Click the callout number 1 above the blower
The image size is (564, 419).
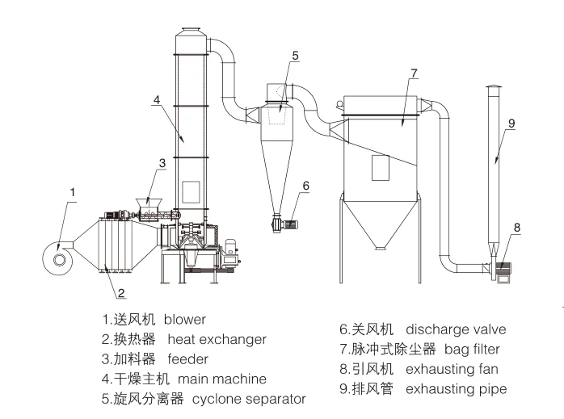coord(73,192)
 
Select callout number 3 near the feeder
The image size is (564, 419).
coord(162,163)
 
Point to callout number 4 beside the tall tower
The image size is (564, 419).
coord(156,99)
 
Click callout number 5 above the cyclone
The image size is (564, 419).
coord(295,56)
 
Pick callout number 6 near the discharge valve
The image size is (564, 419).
coord(305,186)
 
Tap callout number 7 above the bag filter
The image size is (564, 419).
coord(413,73)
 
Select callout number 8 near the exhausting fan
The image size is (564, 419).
coord(516,228)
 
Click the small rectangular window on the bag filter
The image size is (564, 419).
coord(380,167)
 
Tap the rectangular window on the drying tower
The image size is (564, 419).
coord(191,192)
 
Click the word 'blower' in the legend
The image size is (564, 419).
coord(185,320)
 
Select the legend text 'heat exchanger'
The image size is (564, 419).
coord(217,339)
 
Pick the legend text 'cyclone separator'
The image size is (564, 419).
coord(248,399)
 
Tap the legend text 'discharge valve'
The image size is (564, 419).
coord(456,329)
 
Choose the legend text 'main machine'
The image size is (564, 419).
coord(222,379)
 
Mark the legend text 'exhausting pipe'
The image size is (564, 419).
coord(456,389)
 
